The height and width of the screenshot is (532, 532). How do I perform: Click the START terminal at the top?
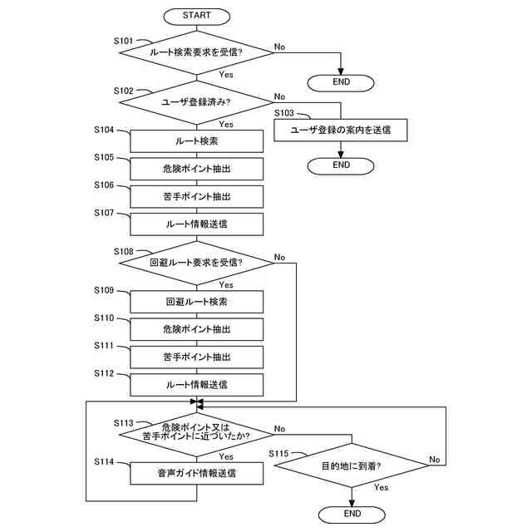(x=197, y=16)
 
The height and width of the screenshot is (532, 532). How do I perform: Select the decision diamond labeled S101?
(x=197, y=52)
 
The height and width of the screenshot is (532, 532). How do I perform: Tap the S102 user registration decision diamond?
(x=197, y=102)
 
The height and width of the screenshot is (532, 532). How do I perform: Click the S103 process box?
(x=341, y=130)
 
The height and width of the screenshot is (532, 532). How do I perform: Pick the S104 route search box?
(x=197, y=141)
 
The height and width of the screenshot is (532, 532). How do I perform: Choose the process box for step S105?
(x=197, y=169)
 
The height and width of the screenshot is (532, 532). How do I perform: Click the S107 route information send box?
(x=197, y=224)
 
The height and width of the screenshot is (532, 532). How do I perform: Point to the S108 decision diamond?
(x=197, y=263)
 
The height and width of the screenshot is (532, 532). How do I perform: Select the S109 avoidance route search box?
(x=197, y=302)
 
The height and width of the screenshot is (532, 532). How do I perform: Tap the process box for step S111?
(x=197, y=357)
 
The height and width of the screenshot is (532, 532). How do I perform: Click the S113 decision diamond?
(x=197, y=431)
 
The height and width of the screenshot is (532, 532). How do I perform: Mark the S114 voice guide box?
(x=197, y=474)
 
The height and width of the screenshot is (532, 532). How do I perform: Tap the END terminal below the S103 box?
(x=341, y=165)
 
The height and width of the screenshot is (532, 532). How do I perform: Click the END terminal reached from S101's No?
(x=341, y=81)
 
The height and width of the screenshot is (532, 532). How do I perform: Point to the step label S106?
(x=104, y=185)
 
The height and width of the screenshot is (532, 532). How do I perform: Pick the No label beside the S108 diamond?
(x=279, y=257)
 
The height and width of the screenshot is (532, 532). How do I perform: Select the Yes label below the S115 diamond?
(x=381, y=488)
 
